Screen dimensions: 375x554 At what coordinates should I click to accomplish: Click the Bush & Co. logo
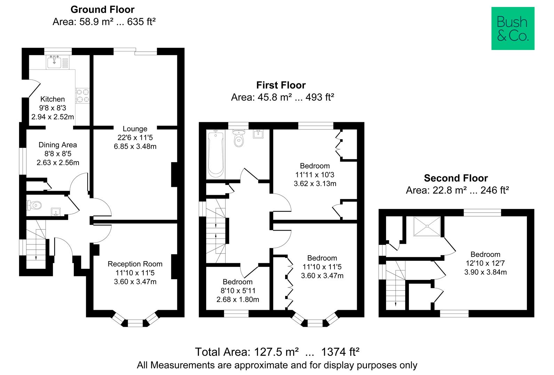click(513, 28)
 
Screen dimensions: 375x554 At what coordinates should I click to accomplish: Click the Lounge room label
click(135, 129)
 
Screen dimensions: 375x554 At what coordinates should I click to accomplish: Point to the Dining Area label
click(58, 145)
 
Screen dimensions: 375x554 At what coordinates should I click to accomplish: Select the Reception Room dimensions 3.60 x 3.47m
click(135, 282)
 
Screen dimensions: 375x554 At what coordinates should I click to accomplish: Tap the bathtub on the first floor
click(216, 155)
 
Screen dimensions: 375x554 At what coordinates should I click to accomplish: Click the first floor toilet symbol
click(239, 139)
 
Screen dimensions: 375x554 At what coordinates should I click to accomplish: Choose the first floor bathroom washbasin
click(258, 134)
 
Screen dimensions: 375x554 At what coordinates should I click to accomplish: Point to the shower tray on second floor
click(426, 226)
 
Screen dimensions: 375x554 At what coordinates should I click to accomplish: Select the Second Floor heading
click(456, 178)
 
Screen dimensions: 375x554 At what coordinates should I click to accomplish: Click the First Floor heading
click(281, 85)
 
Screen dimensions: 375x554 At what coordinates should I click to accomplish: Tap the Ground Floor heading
click(102, 9)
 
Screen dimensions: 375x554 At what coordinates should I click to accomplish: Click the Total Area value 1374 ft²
click(340, 352)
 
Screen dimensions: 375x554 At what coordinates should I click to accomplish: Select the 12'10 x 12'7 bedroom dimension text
click(485, 263)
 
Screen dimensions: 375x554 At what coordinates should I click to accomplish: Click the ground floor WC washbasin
click(56, 211)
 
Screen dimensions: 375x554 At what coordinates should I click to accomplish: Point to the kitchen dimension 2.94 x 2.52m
click(53, 117)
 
